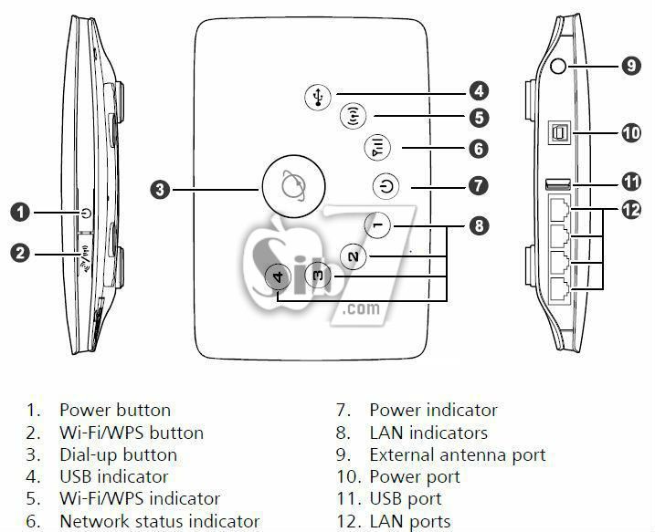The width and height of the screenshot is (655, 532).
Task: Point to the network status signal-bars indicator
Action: [x=377, y=147]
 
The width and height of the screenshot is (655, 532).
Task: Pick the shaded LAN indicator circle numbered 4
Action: [x=280, y=277]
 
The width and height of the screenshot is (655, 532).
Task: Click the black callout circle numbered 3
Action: [x=160, y=190]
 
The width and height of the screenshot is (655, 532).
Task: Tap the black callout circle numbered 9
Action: [x=631, y=65]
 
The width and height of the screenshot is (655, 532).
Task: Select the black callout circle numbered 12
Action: [x=631, y=210]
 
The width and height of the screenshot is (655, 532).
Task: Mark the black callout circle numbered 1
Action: [x=21, y=214]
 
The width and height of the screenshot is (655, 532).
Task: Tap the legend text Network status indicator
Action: [x=159, y=522]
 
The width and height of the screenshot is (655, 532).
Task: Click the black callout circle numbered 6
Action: [x=479, y=149]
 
